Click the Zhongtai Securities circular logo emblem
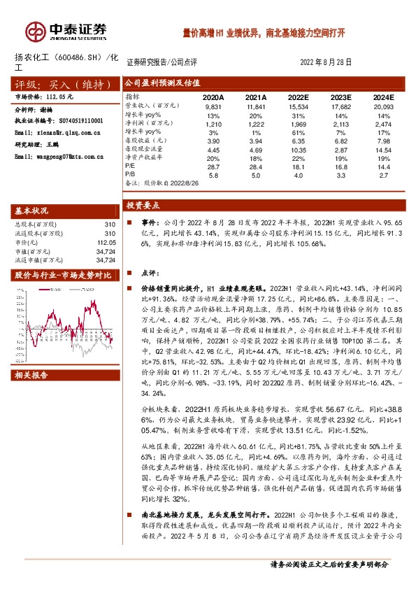[x=33, y=31]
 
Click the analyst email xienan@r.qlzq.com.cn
[x=58, y=132]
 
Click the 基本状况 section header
[x=32, y=211]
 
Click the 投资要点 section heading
[x=143, y=206]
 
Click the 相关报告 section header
[x=32, y=375]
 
